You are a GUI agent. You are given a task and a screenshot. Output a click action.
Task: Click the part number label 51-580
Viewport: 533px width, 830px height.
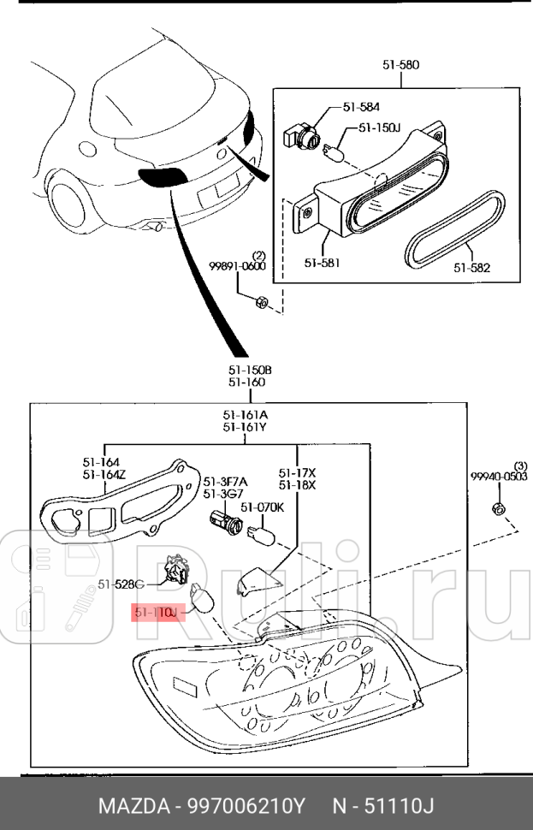(x=400, y=65)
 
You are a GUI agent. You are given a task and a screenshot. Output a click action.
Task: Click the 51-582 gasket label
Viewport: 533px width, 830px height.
(x=471, y=267)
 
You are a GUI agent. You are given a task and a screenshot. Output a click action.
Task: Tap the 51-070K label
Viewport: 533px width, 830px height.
(x=262, y=507)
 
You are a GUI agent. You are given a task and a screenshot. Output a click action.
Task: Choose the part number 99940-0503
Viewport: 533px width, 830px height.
(x=498, y=476)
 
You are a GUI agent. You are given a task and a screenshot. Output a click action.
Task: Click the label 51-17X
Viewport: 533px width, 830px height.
(x=297, y=472)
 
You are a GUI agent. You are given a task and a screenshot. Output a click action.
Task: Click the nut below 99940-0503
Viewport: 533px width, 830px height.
(x=498, y=509)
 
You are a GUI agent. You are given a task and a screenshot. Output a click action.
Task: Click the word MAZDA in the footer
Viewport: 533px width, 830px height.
(x=130, y=806)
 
